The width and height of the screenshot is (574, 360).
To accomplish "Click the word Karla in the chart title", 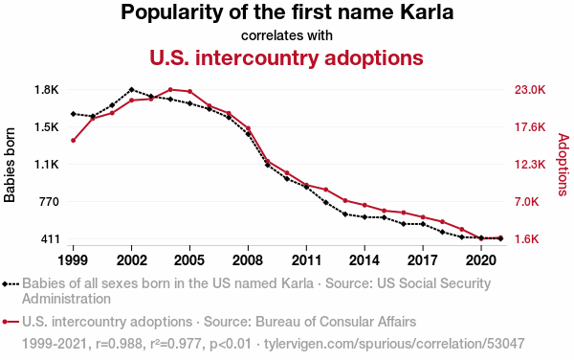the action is pos(427,11).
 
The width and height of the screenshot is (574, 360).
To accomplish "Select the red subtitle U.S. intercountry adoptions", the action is pos(286,57).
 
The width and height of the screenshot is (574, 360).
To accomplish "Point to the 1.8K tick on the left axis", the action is pos(47,90).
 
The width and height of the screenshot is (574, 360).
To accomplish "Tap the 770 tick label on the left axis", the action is pos(49,201).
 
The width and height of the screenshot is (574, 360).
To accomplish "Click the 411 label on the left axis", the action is pos(50,239).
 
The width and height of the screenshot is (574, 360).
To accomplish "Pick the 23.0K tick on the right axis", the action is pos(530,90).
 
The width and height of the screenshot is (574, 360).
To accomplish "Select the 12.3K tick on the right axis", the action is pos(530,165).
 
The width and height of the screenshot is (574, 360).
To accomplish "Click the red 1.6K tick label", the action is pos(527,239).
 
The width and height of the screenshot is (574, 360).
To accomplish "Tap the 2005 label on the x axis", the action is pos(189,260).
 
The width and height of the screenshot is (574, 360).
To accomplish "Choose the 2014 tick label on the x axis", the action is pos(364,260).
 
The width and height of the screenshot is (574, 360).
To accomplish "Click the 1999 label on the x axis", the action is pos(73,260).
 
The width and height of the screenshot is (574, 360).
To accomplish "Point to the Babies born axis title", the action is pos(10,165).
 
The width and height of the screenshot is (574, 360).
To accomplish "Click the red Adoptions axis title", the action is pos(563,165).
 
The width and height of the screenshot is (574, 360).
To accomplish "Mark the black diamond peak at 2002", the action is pos(131,90).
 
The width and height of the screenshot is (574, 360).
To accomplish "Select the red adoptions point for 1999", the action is pos(74,140).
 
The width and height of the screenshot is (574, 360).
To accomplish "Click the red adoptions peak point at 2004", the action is pos(170,90).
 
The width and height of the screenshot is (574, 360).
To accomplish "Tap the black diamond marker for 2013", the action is pos(344,214).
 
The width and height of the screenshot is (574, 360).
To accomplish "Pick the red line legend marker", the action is pos(11,322).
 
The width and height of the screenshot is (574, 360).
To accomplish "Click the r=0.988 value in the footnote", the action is pos(119,344).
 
